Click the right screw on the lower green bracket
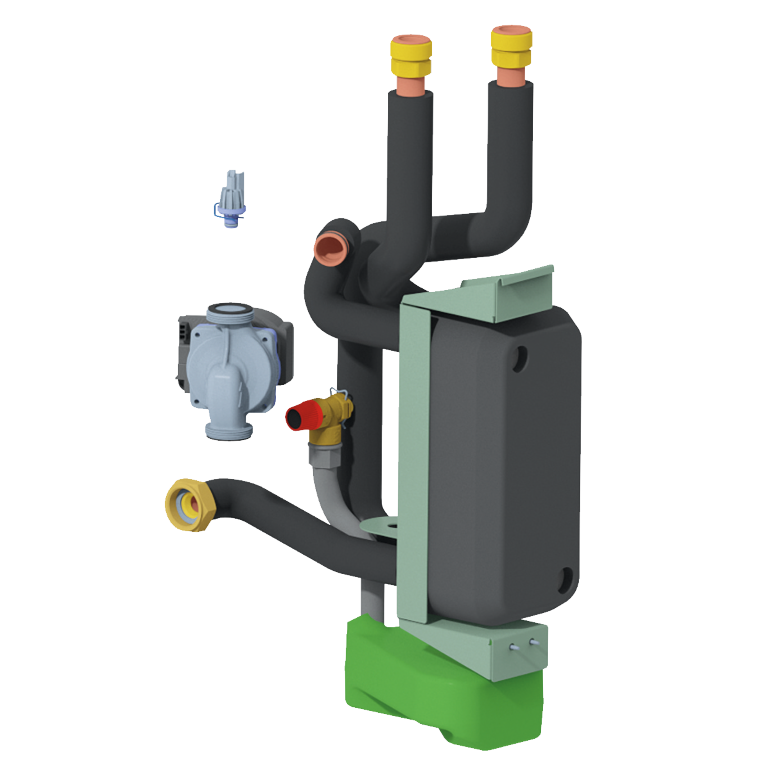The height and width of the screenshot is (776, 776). click(533, 642)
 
